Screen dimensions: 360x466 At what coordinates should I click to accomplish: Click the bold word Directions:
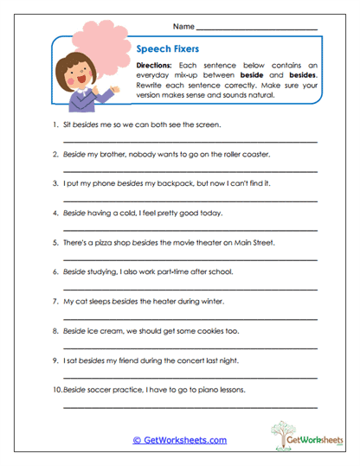[159, 65]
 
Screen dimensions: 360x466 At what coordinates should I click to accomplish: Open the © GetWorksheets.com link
[180, 439]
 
